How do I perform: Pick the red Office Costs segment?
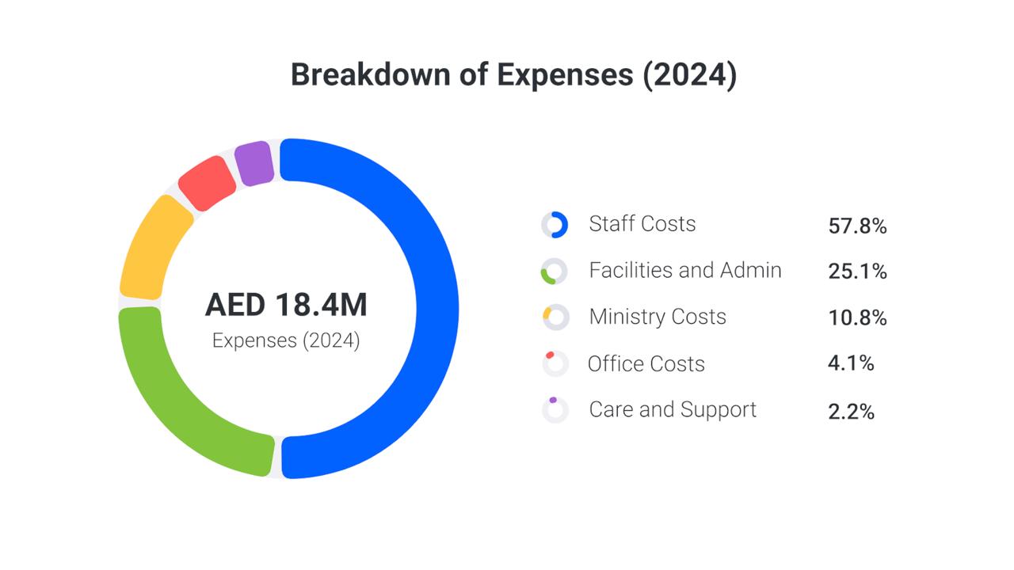tap(207, 183)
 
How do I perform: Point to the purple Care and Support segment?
tap(254, 163)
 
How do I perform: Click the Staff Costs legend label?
tap(642, 224)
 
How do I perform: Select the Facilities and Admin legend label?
tap(684, 271)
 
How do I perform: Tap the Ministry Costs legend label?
tap(657, 317)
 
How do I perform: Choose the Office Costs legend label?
tap(646, 364)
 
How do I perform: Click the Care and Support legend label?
tap(673, 410)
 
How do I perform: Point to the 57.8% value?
tap(857, 226)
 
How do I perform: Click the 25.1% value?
tap(857, 272)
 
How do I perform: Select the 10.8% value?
tap(857, 318)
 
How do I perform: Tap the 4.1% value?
tap(851, 364)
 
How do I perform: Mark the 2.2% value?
tap(851, 412)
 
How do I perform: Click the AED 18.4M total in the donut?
tap(286, 306)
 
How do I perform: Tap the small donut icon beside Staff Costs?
tap(555, 225)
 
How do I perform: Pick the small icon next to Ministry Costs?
tap(555, 317)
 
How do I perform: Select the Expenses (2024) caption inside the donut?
tap(286, 341)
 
